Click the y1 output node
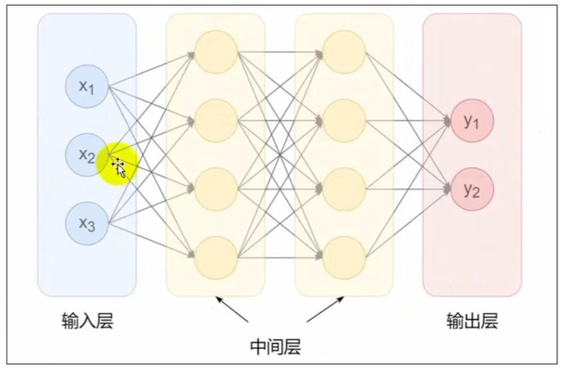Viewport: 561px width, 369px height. pos(473,120)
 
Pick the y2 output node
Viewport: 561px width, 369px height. pos(473,189)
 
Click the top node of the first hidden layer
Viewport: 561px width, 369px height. pos(216,52)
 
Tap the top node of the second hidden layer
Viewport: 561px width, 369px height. pos(344,52)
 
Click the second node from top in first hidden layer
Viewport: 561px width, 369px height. pos(216,120)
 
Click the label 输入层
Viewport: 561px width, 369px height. pos(87,321)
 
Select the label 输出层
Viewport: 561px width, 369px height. pos(472,321)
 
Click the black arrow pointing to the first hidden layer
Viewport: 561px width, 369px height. pos(231,309)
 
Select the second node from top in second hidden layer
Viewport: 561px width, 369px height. pos(344,120)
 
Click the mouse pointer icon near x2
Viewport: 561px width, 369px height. pos(119,167)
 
